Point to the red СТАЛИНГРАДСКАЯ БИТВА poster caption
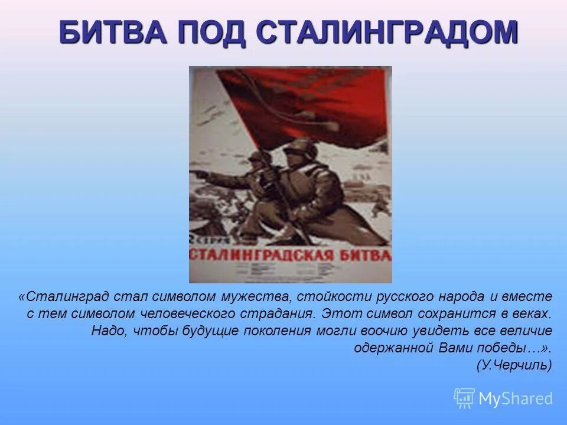290,255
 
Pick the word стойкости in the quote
326,296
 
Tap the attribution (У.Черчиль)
514,365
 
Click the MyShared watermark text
516,398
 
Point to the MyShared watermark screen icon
464,398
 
